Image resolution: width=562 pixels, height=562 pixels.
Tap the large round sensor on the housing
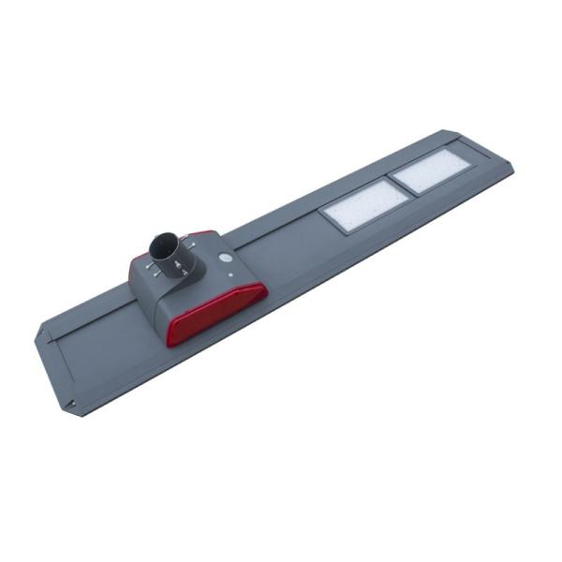(x=225, y=257)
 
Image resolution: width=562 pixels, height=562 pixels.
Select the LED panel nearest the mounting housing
(x=365, y=206)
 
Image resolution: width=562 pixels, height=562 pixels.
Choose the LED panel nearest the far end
(x=430, y=171)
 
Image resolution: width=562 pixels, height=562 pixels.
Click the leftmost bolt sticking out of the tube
(x=150, y=265)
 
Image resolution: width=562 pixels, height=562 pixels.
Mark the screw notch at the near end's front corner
(x=71, y=404)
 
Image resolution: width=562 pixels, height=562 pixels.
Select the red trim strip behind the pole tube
(x=200, y=234)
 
